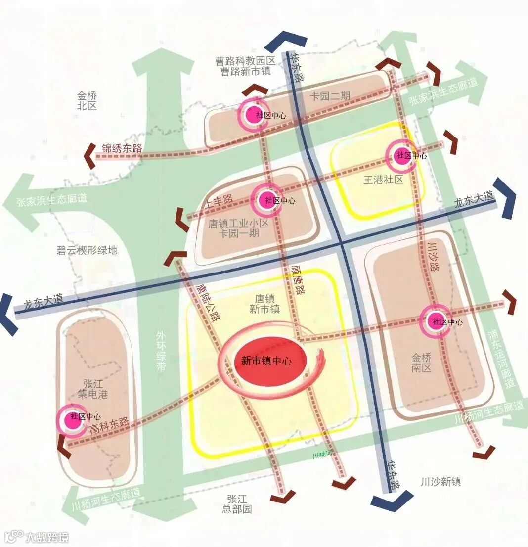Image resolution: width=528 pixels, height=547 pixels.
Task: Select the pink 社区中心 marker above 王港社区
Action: (x=399, y=155)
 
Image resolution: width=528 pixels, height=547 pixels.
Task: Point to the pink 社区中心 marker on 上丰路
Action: (x=267, y=200)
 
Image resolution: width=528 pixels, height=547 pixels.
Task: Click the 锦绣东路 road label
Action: (x=122, y=148)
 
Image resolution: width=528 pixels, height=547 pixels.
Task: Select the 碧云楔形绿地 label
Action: (x=87, y=250)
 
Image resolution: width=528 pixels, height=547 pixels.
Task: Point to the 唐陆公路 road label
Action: (x=208, y=302)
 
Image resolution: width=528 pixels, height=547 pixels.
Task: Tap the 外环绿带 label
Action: (x=161, y=351)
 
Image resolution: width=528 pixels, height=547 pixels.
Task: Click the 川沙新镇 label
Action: (x=441, y=481)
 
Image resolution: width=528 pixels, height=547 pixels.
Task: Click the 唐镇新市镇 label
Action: (x=264, y=304)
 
